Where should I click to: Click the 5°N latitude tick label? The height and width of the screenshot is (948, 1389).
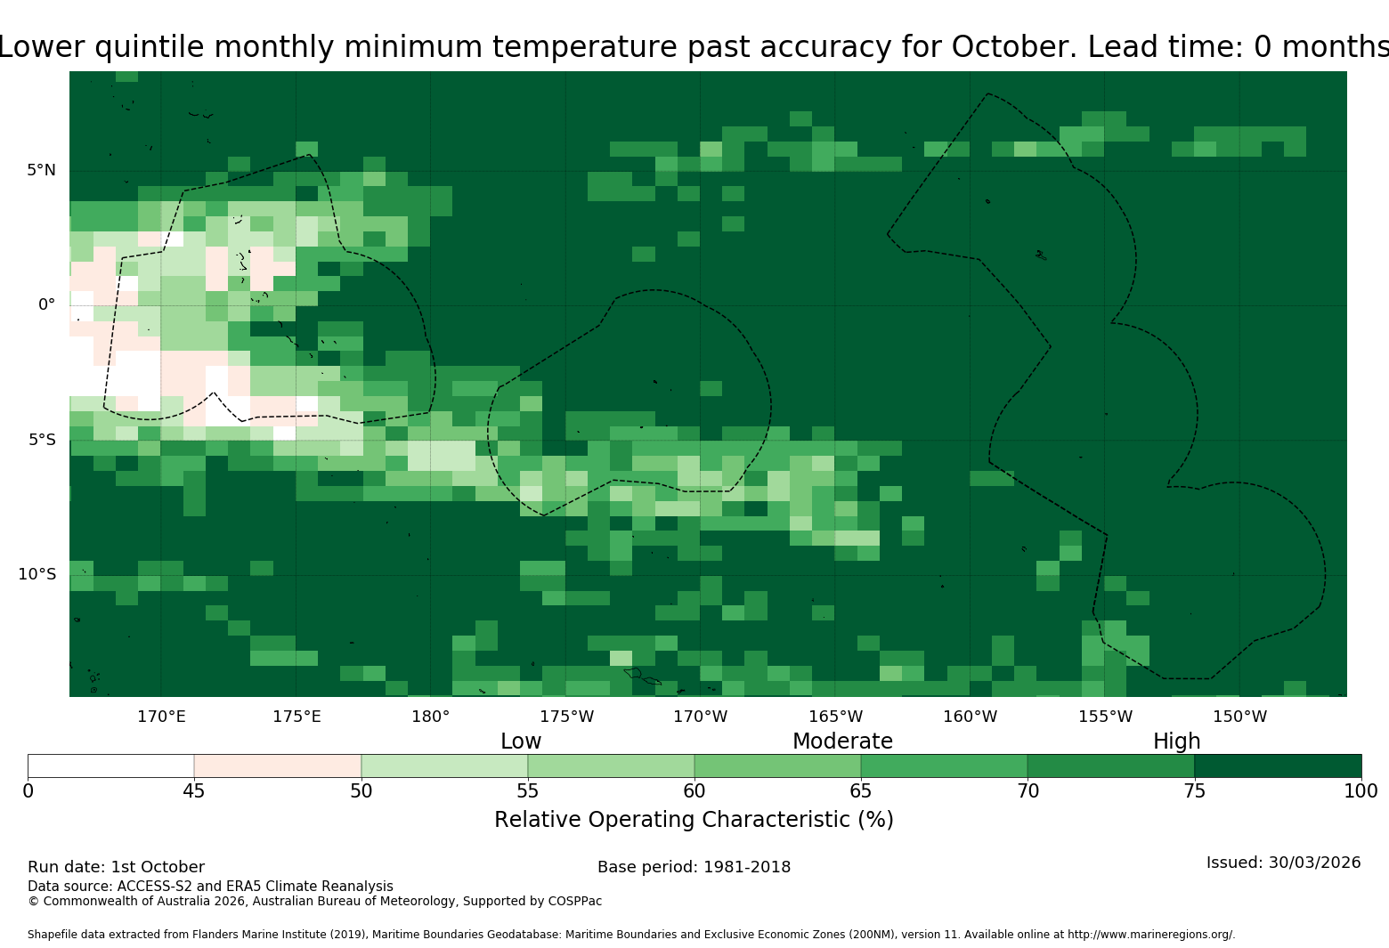(x=41, y=170)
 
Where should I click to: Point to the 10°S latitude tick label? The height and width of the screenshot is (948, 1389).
(x=37, y=574)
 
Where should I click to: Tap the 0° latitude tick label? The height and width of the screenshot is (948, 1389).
(x=46, y=304)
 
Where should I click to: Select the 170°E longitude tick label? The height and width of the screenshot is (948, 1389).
(x=161, y=717)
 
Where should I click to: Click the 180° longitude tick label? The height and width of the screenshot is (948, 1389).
(x=430, y=717)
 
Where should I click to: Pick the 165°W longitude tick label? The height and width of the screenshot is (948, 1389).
(x=835, y=717)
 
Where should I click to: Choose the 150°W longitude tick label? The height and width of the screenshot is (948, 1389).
(x=1239, y=717)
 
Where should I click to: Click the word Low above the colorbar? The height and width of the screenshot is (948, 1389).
(x=520, y=741)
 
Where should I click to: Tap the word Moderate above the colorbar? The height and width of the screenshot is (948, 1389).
(x=842, y=741)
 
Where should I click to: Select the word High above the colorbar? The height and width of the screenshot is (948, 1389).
(x=1176, y=741)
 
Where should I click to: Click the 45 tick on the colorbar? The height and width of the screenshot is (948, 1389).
(x=194, y=791)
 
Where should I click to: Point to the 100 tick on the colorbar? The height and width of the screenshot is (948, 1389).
(x=1361, y=791)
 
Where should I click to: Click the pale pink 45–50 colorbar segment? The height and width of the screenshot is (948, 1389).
(x=278, y=766)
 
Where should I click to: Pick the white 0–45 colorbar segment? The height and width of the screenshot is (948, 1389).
(x=111, y=766)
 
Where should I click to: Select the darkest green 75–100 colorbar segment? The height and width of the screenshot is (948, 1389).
(x=1278, y=766)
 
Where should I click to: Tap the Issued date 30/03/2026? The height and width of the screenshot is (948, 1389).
(x=1314, y=863)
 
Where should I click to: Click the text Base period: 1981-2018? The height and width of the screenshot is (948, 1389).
(x=694, y=867)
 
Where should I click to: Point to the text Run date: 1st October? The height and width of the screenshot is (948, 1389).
(x=116, y=867)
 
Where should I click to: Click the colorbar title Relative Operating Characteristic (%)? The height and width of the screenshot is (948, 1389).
(x=694, y=820)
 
